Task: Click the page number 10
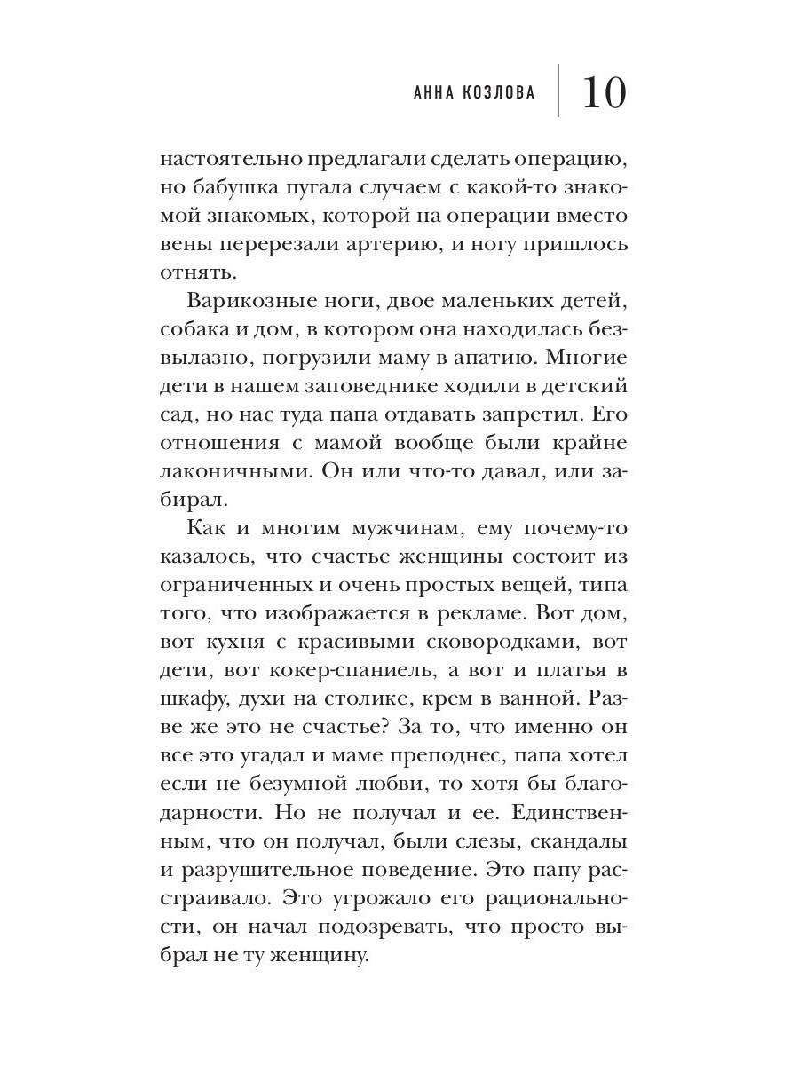[x=605, y=92]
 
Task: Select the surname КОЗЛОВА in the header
[x=498, y=93]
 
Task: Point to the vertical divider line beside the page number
[x=558, y=91]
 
